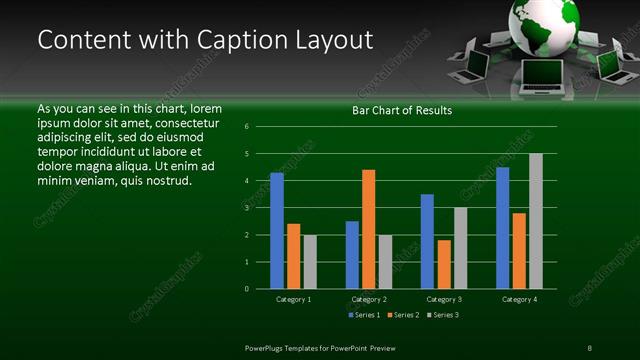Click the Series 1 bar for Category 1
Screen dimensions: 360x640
277,231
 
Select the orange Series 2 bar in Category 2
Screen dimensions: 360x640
368,229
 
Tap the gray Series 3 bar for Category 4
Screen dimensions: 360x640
536,221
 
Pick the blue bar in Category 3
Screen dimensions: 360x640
427,241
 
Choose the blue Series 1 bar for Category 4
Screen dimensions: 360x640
503,228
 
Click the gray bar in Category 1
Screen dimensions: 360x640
310,262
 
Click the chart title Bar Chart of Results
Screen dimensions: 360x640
402,110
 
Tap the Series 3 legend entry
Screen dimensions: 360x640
442,315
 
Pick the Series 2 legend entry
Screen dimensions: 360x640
402,315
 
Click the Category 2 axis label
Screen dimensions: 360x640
369,299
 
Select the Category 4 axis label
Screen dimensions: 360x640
519,299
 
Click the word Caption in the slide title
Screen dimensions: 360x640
240,40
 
